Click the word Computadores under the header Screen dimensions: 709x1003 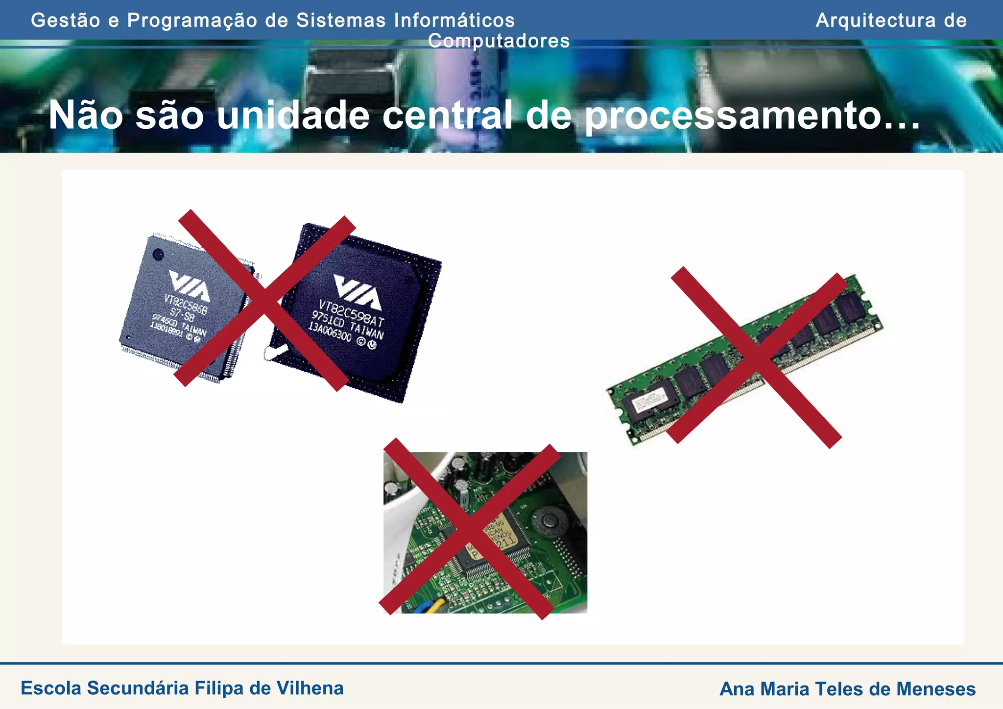(499, 41)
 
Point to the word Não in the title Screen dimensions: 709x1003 (85, 116)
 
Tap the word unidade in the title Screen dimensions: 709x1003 (293, 116)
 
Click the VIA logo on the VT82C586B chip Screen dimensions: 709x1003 (189, 285)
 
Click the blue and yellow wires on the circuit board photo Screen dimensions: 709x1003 (431, 605)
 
